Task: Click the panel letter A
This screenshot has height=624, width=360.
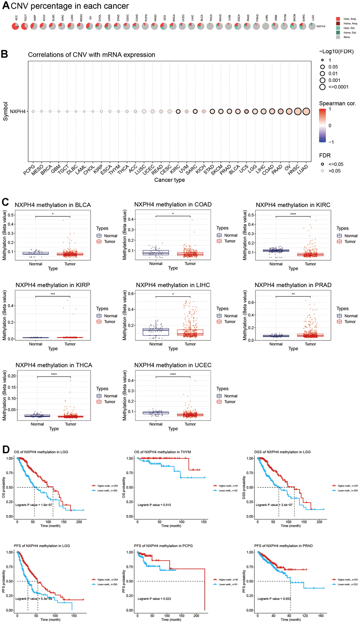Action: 5,6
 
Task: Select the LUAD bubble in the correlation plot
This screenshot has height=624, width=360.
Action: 306,112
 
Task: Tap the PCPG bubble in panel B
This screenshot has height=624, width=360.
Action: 33,112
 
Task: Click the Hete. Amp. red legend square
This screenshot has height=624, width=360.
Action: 338,19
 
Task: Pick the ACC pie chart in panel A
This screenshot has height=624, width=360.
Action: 16,26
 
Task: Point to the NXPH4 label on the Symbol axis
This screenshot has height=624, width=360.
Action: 18,112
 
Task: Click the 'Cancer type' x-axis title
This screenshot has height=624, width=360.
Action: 169,180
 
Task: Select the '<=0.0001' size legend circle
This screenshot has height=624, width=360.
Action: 322,87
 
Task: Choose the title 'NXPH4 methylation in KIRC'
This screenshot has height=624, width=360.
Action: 293,205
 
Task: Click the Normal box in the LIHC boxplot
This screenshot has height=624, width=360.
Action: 156,332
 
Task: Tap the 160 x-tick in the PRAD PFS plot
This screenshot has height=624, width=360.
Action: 321,616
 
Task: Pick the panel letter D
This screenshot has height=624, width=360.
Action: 5,450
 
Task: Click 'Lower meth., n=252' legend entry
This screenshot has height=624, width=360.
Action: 347,584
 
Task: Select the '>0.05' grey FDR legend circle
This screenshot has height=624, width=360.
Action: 322,171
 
